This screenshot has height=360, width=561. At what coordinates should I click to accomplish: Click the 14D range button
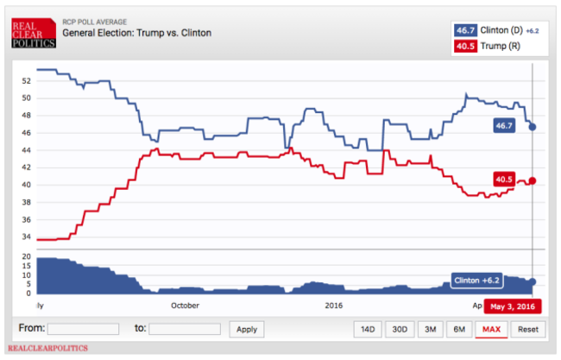[368, 329]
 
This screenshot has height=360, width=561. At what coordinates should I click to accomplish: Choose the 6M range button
[459, 329]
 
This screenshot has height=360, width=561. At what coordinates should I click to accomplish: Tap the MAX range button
[492, 329]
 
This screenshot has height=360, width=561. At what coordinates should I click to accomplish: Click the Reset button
[526, 329]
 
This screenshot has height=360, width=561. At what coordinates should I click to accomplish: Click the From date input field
[83, 329]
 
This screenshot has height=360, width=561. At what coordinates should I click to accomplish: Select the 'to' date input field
[184, 329]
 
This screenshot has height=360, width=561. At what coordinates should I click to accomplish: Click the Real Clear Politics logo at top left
[33, 33]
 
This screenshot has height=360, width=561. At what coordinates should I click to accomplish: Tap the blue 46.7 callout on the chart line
[503, 126]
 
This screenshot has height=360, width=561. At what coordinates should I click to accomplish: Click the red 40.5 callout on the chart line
[504, 180]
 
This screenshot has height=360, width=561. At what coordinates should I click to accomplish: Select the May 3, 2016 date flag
[512, 306]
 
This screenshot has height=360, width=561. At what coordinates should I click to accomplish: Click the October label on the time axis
[185, 306]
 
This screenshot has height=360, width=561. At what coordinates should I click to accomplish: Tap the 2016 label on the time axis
[334, 306]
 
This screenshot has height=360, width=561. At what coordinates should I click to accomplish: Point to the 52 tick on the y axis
[26, 81]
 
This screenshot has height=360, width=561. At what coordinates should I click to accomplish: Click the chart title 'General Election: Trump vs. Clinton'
[136, 33]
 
